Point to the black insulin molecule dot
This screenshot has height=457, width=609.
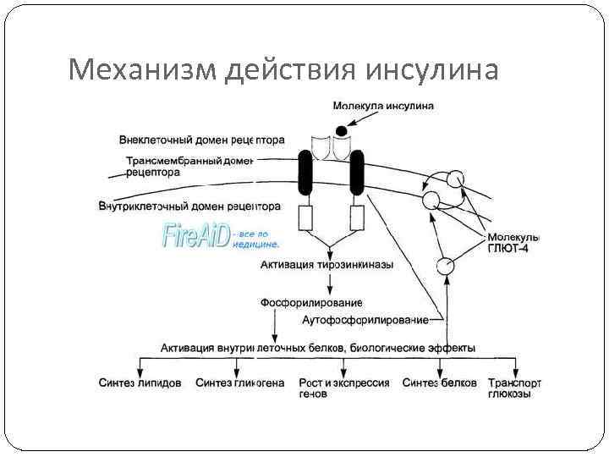point(341,130)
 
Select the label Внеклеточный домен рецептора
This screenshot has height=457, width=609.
point(201,140)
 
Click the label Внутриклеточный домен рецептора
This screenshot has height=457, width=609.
point(189,206)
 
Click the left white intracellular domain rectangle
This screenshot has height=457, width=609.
point(305,218)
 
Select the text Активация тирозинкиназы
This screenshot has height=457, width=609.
point(326,265)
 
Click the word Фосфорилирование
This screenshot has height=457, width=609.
point(310,302)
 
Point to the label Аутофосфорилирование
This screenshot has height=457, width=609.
point(365,319)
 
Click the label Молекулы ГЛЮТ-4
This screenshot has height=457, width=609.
point(513,244)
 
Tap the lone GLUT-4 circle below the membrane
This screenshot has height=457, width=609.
point(445,266)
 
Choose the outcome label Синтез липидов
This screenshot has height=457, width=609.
point(139,383)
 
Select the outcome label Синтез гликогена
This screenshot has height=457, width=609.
point(239,383)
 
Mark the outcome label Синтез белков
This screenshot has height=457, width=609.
point(439,383)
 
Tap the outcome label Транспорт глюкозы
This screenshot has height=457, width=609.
point(515,388)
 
